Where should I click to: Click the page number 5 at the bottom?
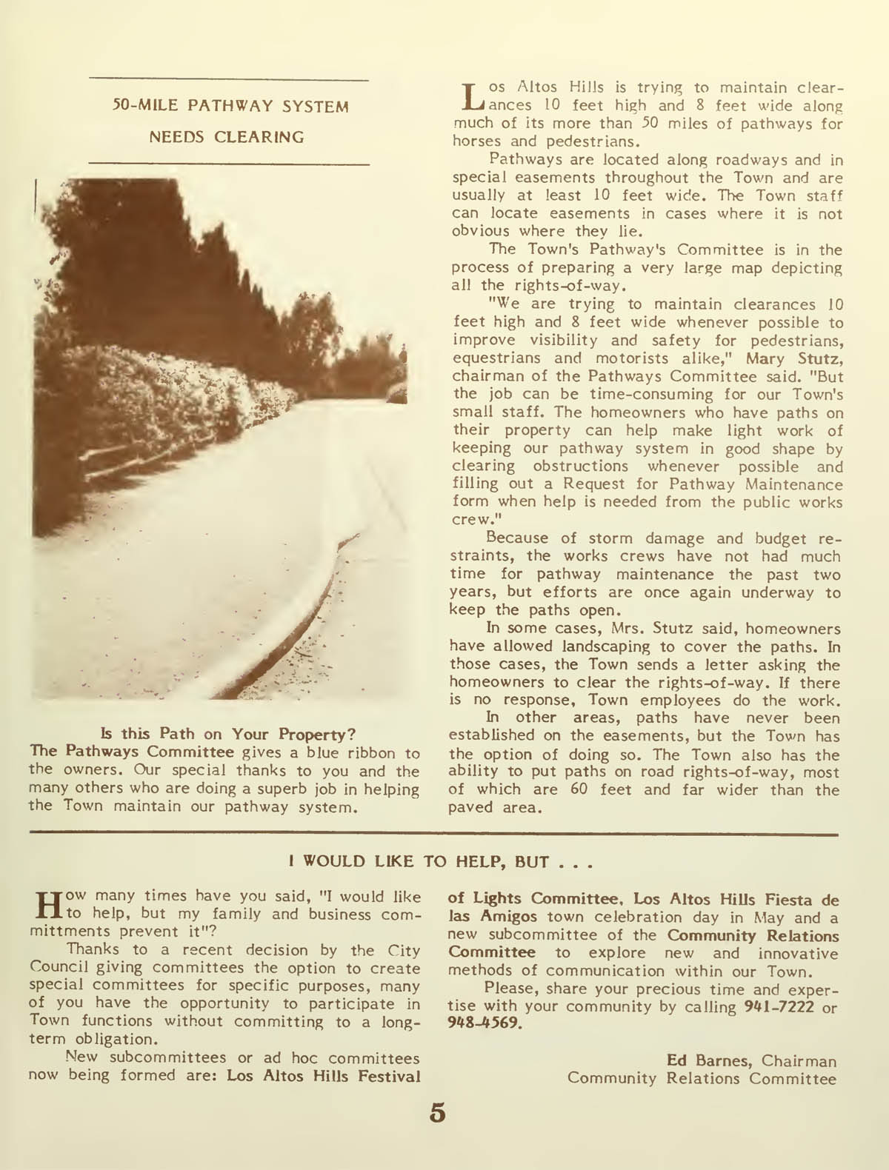click(437, 1113)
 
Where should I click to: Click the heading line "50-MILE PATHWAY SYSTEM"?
click(230, 107)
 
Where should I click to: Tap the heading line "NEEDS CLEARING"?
click(227, 137)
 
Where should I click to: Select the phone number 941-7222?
click(779, 1007)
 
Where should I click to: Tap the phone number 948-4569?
click(485, 1026)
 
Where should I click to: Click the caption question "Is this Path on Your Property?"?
click(227, 734)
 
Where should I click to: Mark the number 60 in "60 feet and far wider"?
click(579, 789)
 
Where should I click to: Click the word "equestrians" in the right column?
click(496, 358)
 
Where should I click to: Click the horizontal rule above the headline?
click(228, 79)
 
